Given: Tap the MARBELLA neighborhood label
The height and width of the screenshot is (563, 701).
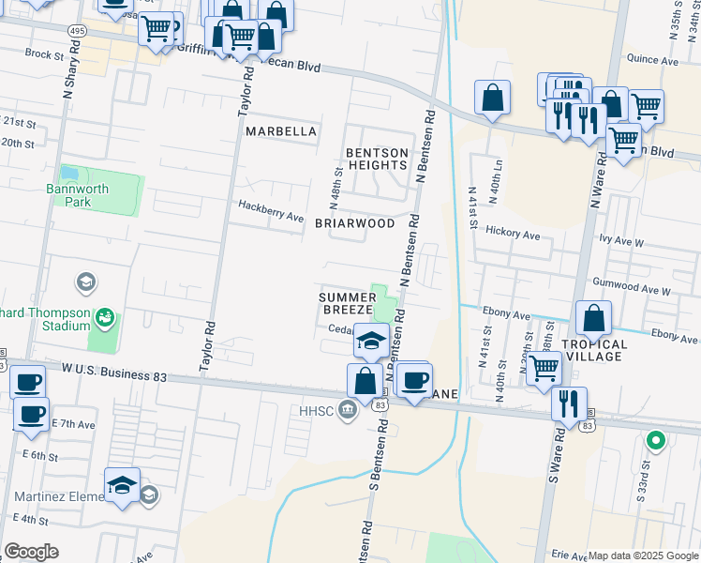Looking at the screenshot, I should [x=281, y=132].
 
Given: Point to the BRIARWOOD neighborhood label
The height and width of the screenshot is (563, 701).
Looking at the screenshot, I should [x=354, y=224].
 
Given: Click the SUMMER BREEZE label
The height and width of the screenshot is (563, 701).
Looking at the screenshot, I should [x=348, y=303].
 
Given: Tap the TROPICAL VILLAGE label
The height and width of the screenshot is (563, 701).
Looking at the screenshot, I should [x=594, y=350].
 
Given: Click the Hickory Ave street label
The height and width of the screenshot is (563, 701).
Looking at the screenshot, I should [x=515, y=232].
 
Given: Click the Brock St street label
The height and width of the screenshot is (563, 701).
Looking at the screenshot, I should [x=44, y=55].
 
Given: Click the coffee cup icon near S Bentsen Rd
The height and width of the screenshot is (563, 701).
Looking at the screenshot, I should [x=413, y=379].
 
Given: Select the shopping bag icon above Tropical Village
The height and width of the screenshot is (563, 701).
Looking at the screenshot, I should [x=594, y=319].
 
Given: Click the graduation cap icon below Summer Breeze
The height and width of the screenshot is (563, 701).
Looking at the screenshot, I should [x=371, y=341].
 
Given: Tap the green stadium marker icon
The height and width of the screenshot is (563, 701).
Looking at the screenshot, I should [x=105, y=319].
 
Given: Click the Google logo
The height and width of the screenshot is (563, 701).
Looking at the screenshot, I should [x=31, y=552].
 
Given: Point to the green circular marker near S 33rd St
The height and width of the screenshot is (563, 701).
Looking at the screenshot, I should [x=656, y=439].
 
